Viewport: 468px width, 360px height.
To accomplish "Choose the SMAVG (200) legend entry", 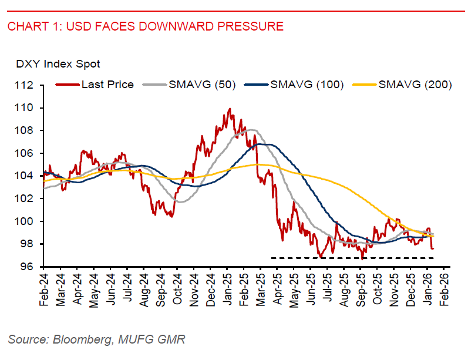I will click(415, 85).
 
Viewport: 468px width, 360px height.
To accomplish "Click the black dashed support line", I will click(352, 258).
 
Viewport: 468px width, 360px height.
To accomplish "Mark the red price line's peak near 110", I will click(230, 109).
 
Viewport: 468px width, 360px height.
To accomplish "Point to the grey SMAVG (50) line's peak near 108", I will click(251, 130).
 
